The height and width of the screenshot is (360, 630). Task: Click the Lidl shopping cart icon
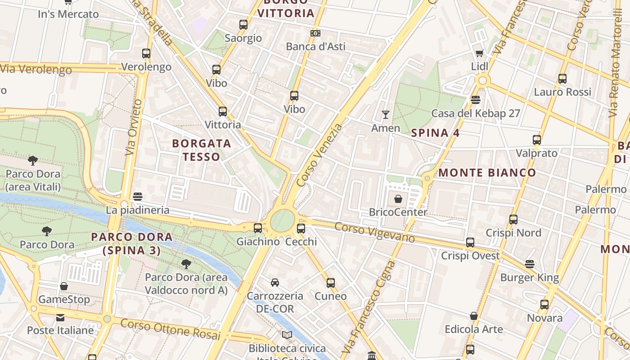tap(480, 54)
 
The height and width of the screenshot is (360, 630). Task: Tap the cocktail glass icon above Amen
tap(386, 115)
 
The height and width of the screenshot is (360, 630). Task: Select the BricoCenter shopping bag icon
tap(398, 198)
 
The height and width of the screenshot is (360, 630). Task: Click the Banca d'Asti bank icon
tap(315, 33)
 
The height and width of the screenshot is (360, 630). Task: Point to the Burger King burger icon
tap(530, 264)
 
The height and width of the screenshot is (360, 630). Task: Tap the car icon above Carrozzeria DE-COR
tap(274, 283)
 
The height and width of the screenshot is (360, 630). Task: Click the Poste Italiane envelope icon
tap(60, 318)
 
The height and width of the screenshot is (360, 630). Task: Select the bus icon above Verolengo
tap(146, 54)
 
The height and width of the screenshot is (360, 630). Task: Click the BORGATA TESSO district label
tap(202, 150)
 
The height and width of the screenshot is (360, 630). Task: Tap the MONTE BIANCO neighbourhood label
tap(487, 173)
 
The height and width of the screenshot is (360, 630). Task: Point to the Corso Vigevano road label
tap(374, 232)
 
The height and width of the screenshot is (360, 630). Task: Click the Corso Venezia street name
tap(319, 155)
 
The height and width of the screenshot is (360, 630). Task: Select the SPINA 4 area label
tap(430, 133)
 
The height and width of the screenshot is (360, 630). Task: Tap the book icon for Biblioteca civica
tap(287, 335)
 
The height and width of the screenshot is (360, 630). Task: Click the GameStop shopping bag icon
tap(64, 286)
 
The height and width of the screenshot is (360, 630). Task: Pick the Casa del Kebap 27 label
tap(476, 113)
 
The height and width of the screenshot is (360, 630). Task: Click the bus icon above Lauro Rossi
tap(562, 79)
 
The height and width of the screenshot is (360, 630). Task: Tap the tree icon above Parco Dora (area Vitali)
tap(33, 160)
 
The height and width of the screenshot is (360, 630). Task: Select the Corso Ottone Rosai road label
tap(170, 329)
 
